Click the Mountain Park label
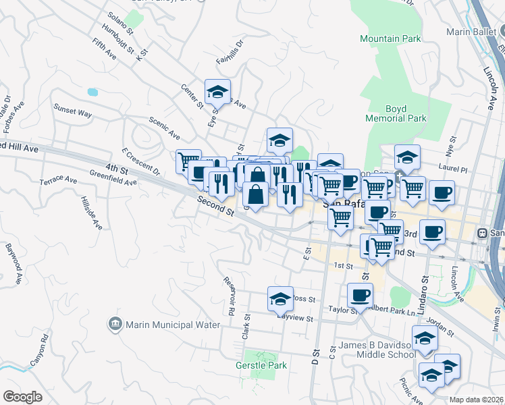[389, 39]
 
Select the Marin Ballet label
[472, 32]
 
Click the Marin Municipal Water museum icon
[114, 325]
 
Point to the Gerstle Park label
[261, 365]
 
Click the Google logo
[22, 397]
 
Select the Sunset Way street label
[73, 113]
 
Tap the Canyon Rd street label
[38, 351]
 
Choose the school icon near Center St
[217, 92]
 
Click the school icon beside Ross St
[280, 298]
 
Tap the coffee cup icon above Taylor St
[360, 295]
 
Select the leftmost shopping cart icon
[188, 161]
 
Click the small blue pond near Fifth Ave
[92, 91]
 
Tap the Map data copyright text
[476, 400]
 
